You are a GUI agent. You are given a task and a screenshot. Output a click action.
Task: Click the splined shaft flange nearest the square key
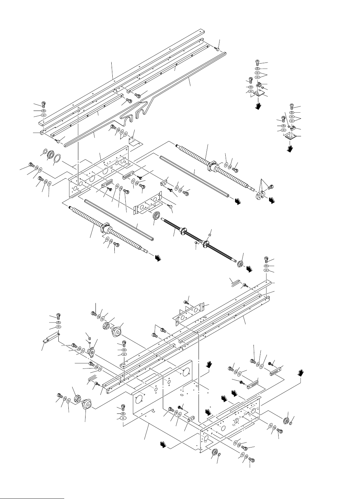206,243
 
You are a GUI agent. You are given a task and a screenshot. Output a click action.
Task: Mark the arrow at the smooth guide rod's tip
236,202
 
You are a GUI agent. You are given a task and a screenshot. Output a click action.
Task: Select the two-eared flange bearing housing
91,352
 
